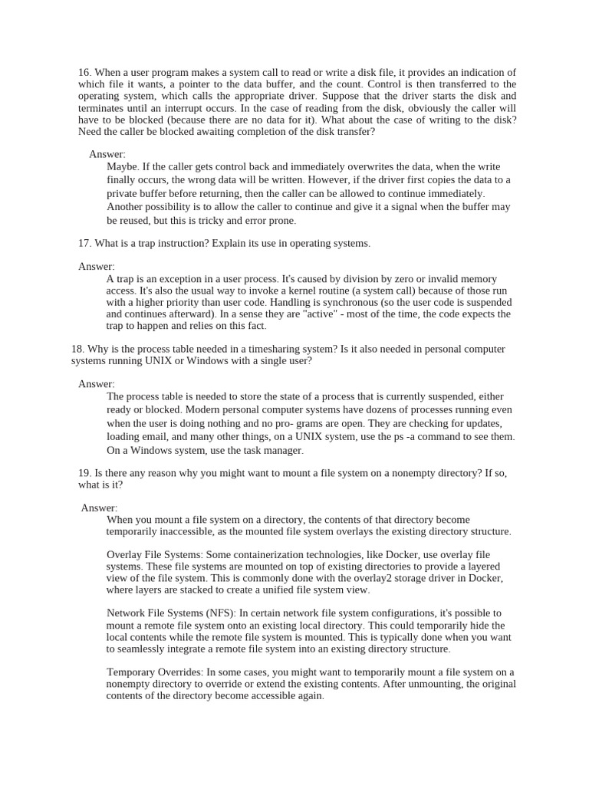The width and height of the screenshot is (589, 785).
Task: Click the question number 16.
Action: click(84, 72)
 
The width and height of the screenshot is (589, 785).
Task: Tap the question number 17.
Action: click(84, 243)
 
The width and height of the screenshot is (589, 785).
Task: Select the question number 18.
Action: click(77, 349)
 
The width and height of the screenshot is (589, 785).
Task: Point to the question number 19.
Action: click(84, 473)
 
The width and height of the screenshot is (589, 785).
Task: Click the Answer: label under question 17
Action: click(96, 266)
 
